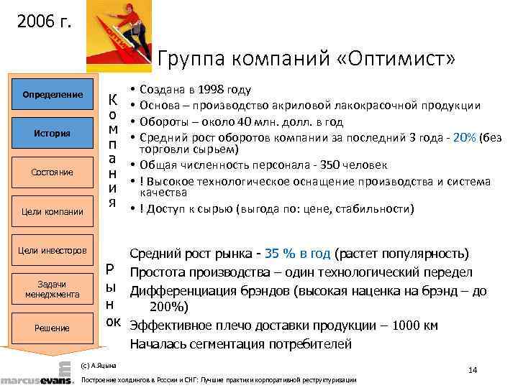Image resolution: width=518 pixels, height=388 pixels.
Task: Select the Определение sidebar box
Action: [52, 94]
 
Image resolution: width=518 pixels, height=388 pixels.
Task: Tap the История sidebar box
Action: [52, 133]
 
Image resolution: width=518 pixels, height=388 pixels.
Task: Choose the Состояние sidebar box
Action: [52, 172]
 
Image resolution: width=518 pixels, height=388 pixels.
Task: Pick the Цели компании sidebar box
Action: [52, 211]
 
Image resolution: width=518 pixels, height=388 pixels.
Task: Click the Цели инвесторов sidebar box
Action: [52, 250]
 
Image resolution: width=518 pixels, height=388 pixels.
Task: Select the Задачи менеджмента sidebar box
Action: [52, 289]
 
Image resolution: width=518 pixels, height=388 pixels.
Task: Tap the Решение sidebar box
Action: [52, 328]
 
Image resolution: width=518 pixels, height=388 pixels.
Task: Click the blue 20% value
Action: [465, 137]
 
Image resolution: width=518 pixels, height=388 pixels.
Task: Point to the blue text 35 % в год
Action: [297, 254]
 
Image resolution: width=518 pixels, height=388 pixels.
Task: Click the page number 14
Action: [472, 370]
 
